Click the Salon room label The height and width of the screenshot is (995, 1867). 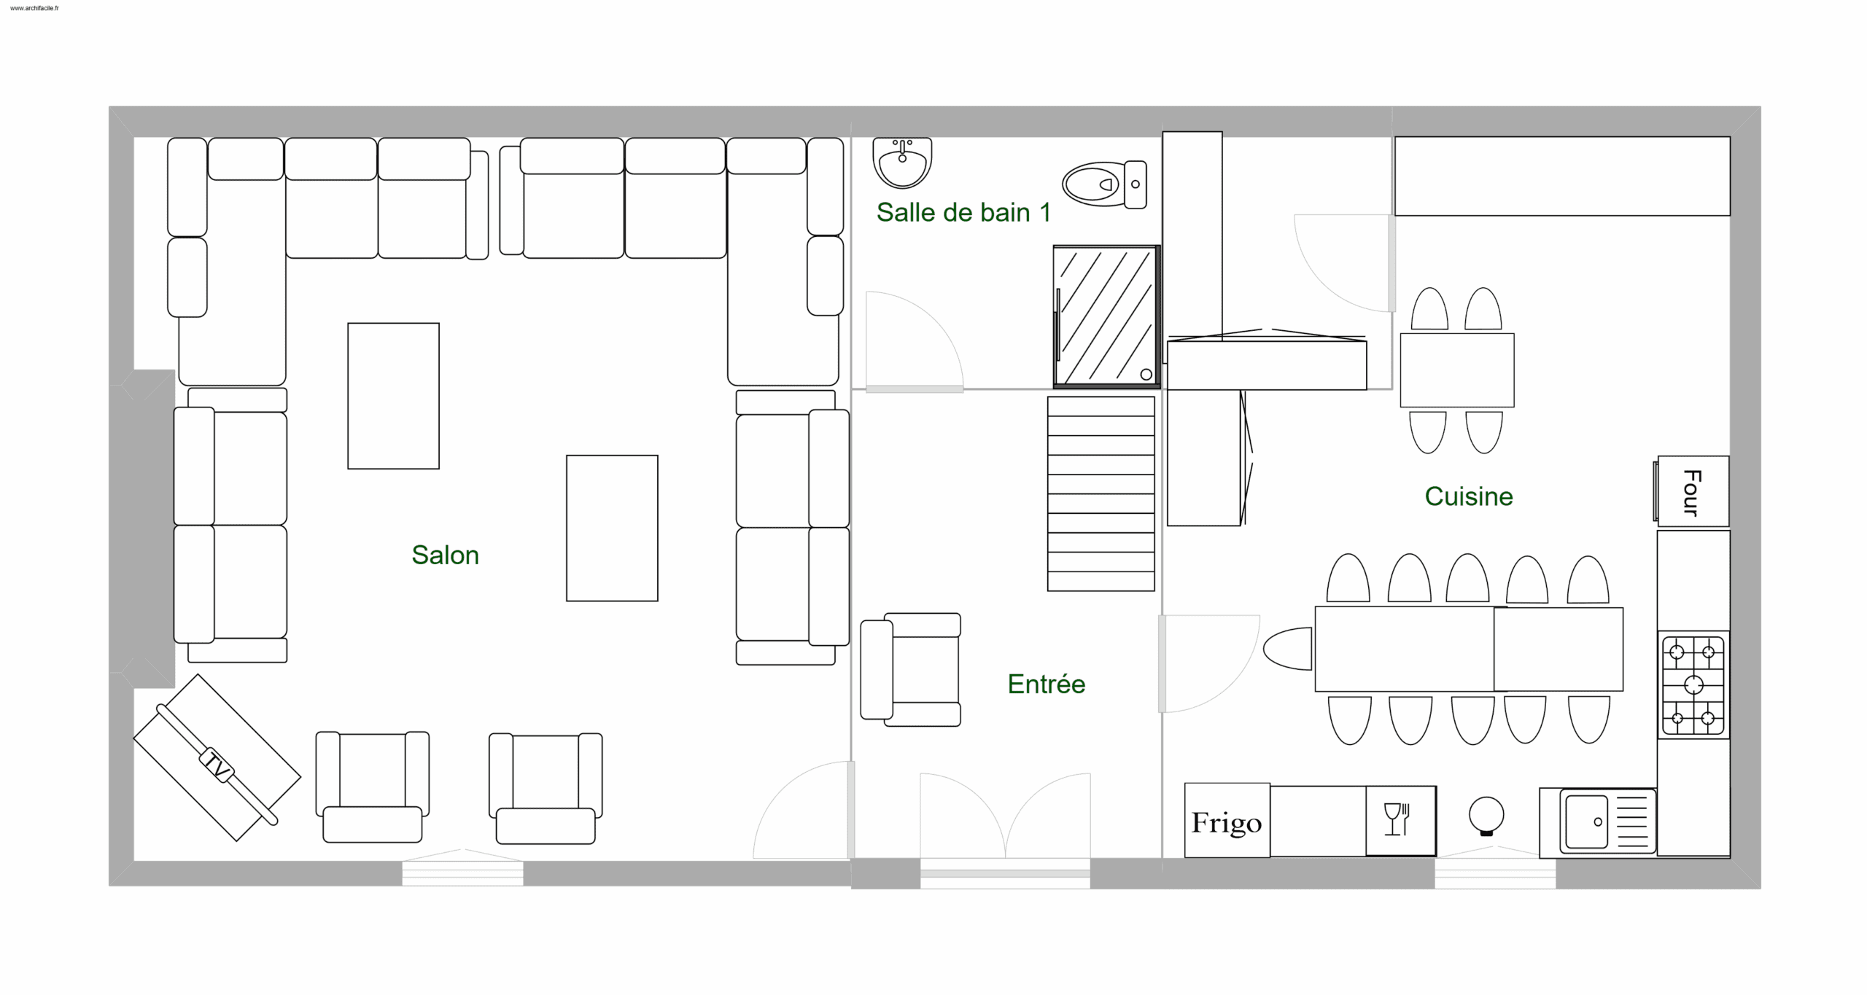(x=445, y=555)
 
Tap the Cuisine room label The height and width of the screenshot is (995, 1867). (x=1469, y=496)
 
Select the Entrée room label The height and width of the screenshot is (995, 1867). (x=1047, y=684)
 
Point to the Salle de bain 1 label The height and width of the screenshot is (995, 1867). (x=963, y=212)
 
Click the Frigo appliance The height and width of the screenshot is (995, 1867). (x=1227, y=820)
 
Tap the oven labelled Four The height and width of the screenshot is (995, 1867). (x=1691, y=491)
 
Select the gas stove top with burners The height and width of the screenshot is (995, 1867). (x=1693, y=685)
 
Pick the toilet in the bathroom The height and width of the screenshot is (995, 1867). (x=1104, y=184)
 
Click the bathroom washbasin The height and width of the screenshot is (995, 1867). (x=902, y=162)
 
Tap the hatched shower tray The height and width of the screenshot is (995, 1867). (x=1106, y=316)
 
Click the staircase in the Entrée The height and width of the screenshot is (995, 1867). (x=1101, y=493)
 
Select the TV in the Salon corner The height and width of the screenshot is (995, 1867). (x=217, y=758)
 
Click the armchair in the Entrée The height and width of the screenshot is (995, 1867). (x=911, y=669)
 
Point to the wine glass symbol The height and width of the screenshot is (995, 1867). (x=1396, y=819)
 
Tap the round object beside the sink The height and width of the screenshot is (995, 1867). (x=1486, y=816)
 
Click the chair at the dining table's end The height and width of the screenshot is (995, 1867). (x=1288, y=649)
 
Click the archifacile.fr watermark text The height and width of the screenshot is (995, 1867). (x=34, y=8)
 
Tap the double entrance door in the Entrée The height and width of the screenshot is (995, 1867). (x=1005, y=816)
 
